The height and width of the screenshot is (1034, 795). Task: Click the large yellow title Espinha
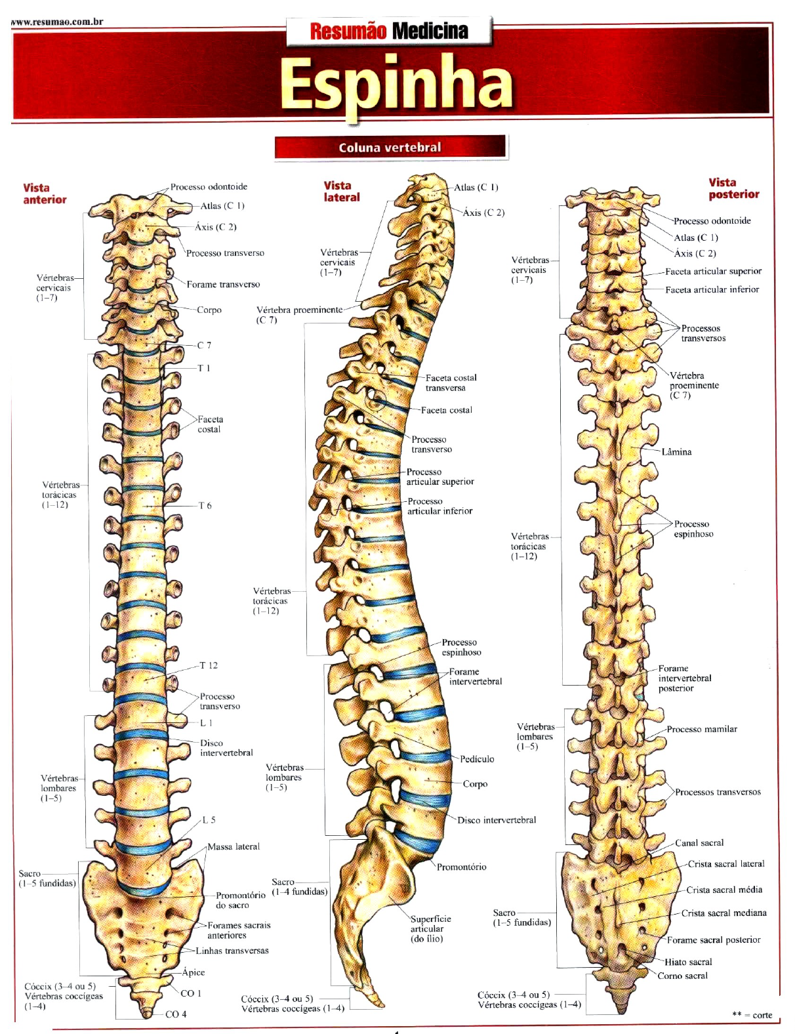tap(396, 84)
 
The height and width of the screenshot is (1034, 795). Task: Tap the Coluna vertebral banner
tap(390, 148)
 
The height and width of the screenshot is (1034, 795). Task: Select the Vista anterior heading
tap(45, 194)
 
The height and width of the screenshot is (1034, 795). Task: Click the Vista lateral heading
tap(342, 191)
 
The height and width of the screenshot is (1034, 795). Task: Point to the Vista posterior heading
tap(733, 188)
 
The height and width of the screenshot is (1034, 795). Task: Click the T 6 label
tap(205, 506)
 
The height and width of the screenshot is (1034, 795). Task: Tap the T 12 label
tap(209, 665)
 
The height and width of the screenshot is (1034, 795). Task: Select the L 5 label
tap(209, 820)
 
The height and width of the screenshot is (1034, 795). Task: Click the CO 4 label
tap(176, 1014)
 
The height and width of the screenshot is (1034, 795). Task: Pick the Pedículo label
tap(477, 759)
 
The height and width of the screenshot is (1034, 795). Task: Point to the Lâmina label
tap(676, 452)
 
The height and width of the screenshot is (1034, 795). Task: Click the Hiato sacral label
tap(688, 962)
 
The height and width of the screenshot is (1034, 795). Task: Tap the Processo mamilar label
tap(702, 729)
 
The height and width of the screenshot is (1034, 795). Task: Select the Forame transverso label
tap(223, 285)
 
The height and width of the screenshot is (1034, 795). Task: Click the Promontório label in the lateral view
tap(462, 867)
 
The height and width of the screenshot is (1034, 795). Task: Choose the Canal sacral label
tap(699, 843)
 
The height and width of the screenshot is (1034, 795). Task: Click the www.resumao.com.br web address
tap(58, 22)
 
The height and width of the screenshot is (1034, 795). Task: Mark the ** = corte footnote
tap(752, 1015)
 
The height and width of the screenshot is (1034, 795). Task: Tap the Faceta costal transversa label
tap(451, 383)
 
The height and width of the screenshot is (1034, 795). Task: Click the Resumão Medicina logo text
tap(389, 31)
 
